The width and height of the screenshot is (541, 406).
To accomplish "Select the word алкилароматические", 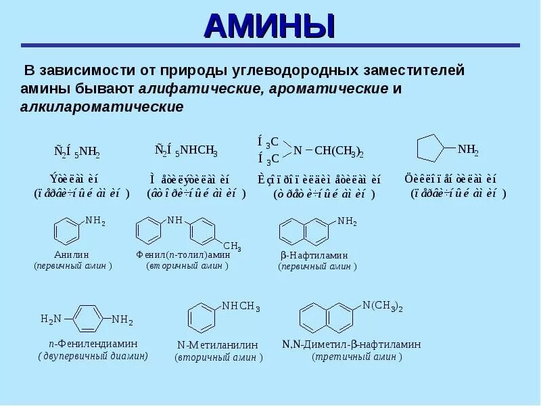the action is pos(101,108).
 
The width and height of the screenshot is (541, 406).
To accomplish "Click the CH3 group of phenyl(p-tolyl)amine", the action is pos(232,245).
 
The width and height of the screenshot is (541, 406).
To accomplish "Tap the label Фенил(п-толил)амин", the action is pos(183,255).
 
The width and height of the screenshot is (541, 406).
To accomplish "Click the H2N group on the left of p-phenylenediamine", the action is pos(51,319).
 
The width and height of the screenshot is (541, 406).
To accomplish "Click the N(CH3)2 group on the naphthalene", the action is pos(383,306).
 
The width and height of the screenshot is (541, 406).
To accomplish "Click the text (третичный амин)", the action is pos(357,357).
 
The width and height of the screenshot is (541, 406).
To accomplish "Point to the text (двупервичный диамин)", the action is pos(93,355).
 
